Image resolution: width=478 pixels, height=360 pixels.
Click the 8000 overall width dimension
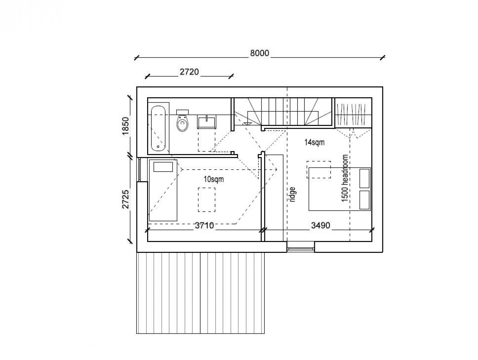click(259, 53)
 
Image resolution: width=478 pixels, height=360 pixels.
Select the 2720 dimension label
click(189, 72)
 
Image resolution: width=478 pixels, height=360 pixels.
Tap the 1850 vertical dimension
click(125, 126)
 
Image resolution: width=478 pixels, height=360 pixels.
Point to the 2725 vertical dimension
click(125, 199)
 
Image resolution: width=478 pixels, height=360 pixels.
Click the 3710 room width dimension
click(204, 226)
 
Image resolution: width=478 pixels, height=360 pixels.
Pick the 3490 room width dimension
click(321, 226)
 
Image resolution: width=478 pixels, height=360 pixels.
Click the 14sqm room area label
click(314, 142)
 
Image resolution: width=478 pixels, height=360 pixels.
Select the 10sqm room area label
click(214, 179)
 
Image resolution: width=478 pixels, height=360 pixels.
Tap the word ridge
click(293, 195)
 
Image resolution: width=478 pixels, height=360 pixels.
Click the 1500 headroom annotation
click(345, 178)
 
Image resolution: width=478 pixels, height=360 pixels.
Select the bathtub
click(159, 129)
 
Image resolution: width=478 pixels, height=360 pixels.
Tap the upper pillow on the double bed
click(364, 178)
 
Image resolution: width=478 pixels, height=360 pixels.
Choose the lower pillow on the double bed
click(364, 200)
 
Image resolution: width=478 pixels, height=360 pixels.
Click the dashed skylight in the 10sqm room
click(207, 200)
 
